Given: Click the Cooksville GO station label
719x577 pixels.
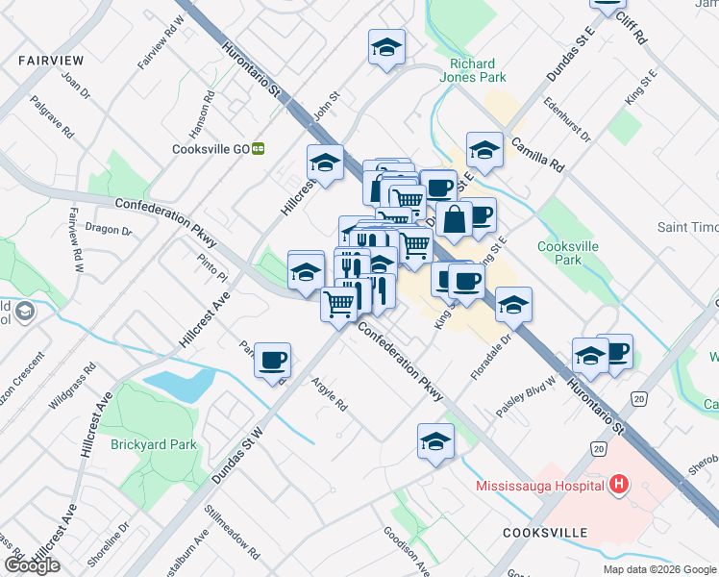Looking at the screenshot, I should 211,149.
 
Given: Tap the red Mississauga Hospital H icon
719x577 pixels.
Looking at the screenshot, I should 620,485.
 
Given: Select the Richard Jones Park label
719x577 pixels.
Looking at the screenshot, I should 472,71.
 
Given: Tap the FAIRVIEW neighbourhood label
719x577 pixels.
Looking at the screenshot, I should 50,60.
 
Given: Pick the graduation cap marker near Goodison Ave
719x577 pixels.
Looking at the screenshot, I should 435,441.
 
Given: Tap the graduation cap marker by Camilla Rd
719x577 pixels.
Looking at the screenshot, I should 484,150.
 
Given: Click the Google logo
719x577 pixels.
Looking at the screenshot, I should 32,565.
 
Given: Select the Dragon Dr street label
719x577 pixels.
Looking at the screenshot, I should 109,229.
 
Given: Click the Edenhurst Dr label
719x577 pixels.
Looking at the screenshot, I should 567,119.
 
